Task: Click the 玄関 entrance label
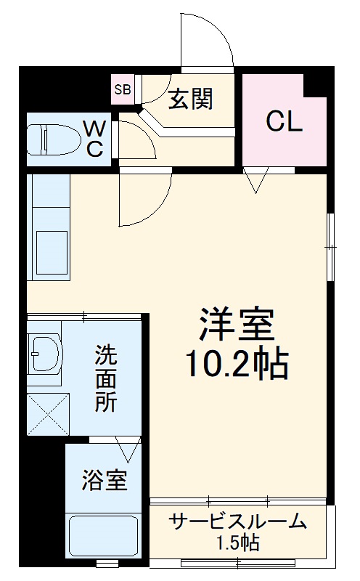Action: pyautogui.click(x=191, y=99)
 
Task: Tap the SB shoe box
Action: pyautogui.click(x=121, y=90)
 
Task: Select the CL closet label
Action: pyautogui.click(x=283, y=122)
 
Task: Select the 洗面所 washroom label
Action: pyautogui.click(x=107, y=380)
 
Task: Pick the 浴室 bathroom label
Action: pyautogui.click(x=105, y=481)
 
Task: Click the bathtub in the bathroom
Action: pyautogui.click(x=102, y=537)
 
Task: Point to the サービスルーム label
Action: pyautogui.click(x=237, y=522)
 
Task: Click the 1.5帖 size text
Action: pyautogui.click(x=237, y=542)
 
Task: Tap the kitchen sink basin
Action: pyautogui.click(x=49, y=251)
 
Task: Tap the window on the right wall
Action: pyautogui.click(x=331, y=247)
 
